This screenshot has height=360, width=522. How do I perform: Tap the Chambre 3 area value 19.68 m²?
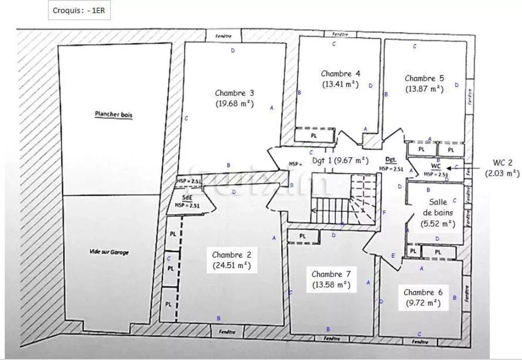coord(234,104)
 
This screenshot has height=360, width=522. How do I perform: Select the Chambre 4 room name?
coord(341,74)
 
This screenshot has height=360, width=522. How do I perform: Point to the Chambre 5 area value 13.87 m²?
coord(424,89)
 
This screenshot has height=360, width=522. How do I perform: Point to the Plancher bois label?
coord(114,114)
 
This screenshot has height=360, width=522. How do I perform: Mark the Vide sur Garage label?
coord(109,253)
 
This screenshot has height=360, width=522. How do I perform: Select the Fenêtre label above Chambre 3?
coord(223,35)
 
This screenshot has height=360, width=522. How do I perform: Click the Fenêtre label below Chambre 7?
coord(331,338)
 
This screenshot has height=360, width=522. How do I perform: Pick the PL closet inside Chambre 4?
coord(314,136)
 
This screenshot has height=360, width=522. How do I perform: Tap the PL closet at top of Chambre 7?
coord(302,236)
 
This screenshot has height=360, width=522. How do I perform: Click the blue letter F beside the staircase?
coord(384,212)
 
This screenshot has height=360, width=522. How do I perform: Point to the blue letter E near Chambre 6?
coord(393,256)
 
